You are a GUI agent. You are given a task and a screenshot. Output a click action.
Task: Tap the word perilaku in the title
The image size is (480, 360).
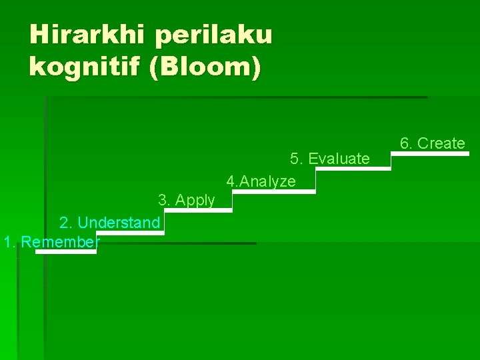[x=214, y=35]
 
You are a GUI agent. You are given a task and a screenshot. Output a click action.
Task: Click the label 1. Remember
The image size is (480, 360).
[x=51, y=242]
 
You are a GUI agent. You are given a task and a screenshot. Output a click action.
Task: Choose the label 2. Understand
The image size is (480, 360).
[x=109, y=223]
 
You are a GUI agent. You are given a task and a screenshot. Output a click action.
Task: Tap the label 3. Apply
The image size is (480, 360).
[x=186, y=200]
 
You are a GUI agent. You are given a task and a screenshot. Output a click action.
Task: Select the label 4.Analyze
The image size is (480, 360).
[x=261, y=181]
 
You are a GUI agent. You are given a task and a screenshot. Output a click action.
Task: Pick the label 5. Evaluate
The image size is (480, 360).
[x=329, y=159]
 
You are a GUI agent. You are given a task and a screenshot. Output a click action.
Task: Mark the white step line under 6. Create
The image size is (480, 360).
[x=430, y=153]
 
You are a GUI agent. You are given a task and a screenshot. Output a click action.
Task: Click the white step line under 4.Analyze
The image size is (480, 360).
[x=273, y=192]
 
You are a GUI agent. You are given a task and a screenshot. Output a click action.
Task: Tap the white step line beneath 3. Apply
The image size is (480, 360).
[x=199, y=210]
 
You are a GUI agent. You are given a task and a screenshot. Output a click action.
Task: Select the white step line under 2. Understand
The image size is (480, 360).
[x=130, y=233]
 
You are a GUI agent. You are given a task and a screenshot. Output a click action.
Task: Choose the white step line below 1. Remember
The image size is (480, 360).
[x=66, y=252]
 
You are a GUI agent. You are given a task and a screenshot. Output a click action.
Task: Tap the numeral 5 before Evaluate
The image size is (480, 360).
[x=294, y=159]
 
